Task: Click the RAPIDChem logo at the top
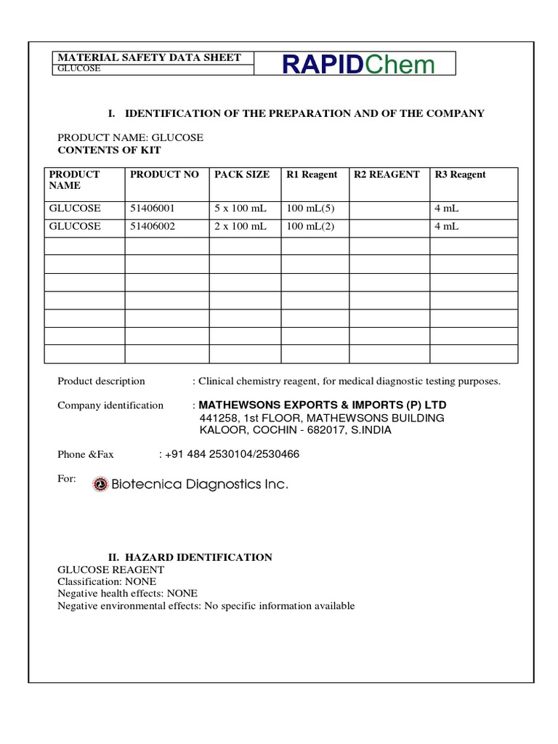pos(358,65)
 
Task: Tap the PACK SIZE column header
pos(242,174)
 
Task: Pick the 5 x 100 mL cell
pos(240,209)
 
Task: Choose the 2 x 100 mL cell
pos(240,226)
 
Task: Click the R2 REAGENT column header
pos(387,174)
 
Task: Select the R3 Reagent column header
pos(460,174)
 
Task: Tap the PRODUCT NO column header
pos(164,174)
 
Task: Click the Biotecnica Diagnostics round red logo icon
pos(100,485)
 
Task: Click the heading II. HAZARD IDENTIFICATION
pos(190,557)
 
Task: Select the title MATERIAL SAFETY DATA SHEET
pos(149,57)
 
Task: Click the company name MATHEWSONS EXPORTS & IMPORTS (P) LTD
pos(323,405)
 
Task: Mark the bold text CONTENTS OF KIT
pos(109,150)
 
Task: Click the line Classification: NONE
pos(107,582)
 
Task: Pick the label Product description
pos(101,381)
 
